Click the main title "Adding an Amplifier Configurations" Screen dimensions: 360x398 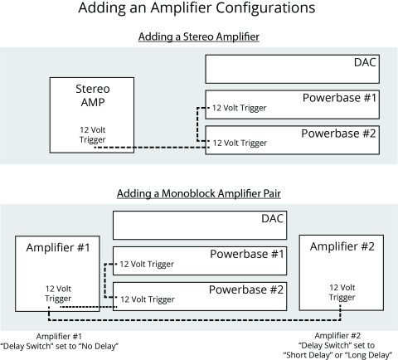pyautogui.click(x=196, y=10)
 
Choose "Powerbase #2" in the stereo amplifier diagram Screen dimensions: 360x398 pyautogui.click(x=338, y=133)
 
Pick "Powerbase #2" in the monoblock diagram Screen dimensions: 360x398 pyautogui.click(x=245, y=289)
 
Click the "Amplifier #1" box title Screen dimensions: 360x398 pyautogui.click(x=57, y=248)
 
